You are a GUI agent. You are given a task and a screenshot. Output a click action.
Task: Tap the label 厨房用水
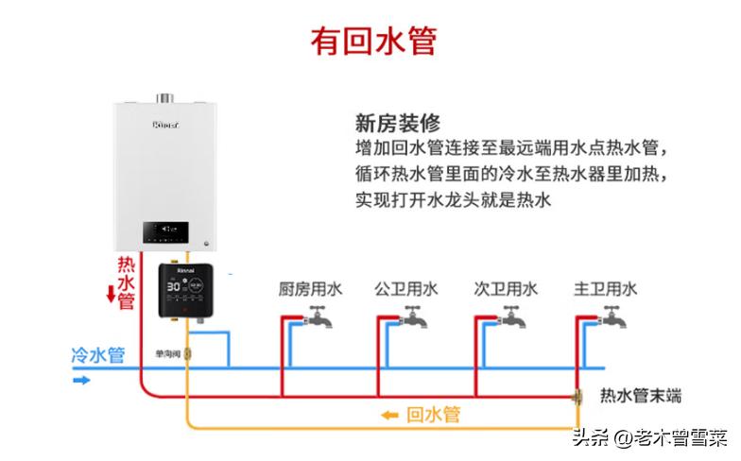click(x=309, y=289)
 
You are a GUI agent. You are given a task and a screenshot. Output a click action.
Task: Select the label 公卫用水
click(x=406, y=289)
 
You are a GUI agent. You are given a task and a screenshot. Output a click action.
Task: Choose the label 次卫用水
click(x=506, y=289)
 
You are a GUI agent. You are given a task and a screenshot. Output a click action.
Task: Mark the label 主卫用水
click(x=605, y=289)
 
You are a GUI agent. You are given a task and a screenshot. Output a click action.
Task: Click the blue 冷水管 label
click(x=98, y=356)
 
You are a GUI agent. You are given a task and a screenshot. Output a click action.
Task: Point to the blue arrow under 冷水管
click(x=82, y=380)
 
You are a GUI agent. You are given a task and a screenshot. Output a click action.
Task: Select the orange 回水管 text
click(x=433, y=415)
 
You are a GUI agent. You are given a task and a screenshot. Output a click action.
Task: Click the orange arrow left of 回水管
click(x=388, y=415)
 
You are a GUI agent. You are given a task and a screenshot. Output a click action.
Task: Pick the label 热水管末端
click(x=641, y=396)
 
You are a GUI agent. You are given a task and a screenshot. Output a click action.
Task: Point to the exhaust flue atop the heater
click(x=168, y=97)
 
